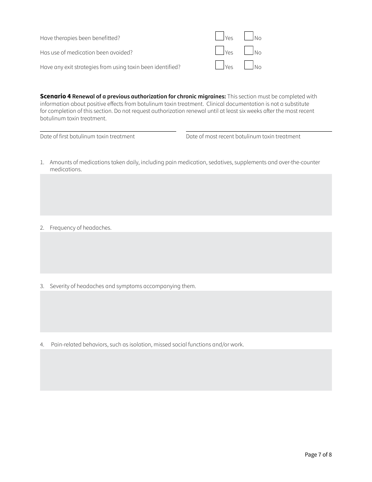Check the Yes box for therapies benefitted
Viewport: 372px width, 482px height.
coord(220,36)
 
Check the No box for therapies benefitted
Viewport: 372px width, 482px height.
coord(249,36)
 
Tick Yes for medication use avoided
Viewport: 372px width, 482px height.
coord(220,51)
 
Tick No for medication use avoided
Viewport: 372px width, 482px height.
coord(249,51)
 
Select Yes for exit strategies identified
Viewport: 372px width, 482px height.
coord(220,65)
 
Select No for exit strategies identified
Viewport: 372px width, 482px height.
coord(249,65)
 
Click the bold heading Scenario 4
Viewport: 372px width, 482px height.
coord(55,96)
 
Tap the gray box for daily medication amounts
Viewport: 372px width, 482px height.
coord(186,195)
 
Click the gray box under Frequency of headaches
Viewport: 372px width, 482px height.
coord(186,253)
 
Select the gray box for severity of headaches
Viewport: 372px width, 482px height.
coord(186,312)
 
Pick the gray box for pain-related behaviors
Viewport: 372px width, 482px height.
coord(186,370)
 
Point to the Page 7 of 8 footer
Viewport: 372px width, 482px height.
coord(318,455)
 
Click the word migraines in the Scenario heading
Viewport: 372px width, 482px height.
coord(212,96)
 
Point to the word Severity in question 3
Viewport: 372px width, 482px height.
coord(60,286)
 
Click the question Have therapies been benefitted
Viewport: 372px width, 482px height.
coord(80,38)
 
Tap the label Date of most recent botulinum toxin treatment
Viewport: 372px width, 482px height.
coord(243,136)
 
